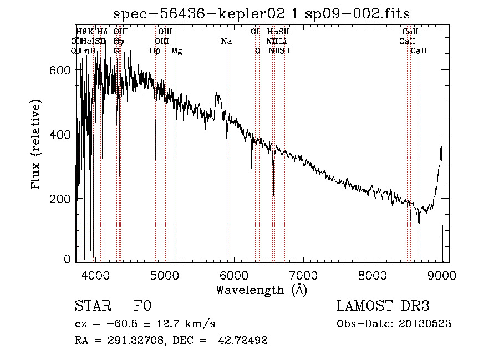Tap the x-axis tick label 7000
(x=303, y=275)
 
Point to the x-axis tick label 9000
(x=442, y=275)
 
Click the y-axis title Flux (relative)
(x=37, y=145)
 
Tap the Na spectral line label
(x=226, y=42)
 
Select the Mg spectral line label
(x=176, y=51)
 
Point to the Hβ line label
(x=155, y=51)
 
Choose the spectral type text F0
(x=142, y=307)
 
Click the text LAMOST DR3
(x=383, y=307)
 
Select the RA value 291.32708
(x=133, y=340)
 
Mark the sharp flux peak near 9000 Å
(x=441, y=146)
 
